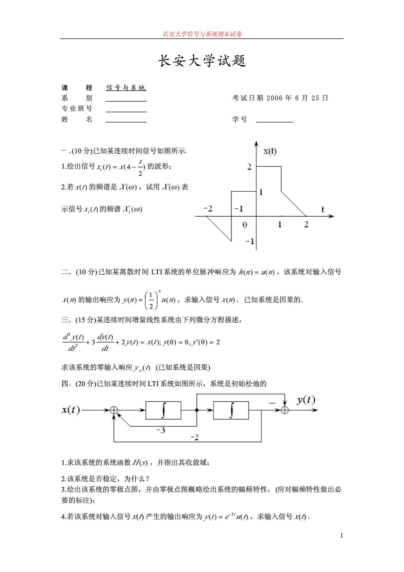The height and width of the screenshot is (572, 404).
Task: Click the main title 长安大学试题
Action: (202, 61)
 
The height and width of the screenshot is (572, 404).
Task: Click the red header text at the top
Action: (202, 34)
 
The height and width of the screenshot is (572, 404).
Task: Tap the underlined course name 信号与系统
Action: (126, 88)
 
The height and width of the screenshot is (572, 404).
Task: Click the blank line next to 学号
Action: (274, 120)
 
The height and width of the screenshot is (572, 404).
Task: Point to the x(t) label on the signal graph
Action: (270, 151)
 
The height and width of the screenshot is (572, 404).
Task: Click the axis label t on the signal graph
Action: (322, 209)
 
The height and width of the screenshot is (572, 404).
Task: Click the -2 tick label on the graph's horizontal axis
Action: (208, 208)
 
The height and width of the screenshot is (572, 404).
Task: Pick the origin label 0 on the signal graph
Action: (245, 225)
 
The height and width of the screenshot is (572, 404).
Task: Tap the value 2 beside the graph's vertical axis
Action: (249, 167)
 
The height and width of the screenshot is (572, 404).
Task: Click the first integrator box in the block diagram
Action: (163, 410)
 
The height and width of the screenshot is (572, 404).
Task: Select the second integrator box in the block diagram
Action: (231, 410)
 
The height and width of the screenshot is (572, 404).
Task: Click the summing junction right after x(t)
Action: (114, 410)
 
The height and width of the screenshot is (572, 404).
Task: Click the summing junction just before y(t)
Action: (285, 410)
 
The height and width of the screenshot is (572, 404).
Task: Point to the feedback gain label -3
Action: (161, 430)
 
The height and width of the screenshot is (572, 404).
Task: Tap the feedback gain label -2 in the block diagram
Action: (194, 437)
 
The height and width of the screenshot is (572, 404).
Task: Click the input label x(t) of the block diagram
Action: (71, 410)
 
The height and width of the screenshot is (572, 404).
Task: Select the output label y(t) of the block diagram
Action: (306, 400)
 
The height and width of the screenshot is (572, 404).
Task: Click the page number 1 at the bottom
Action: (341, 536)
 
